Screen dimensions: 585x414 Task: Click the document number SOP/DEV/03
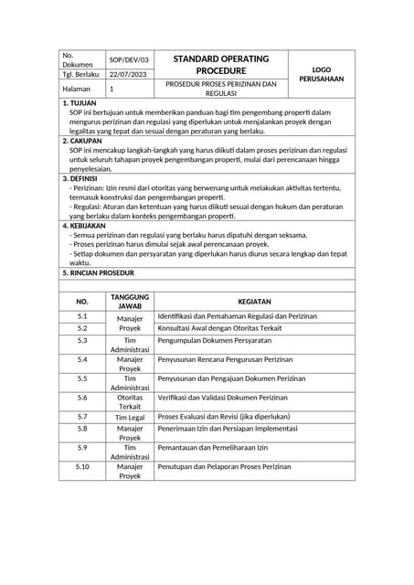pyautogui.click(x=127, y=59)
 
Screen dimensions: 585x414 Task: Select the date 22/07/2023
pyautogui.click(x=127, y=74)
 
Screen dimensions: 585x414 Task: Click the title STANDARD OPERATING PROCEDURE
pyautogui.click(x=220, y=64)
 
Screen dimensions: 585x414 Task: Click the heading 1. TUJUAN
pyautogui.click(x=79, y=103)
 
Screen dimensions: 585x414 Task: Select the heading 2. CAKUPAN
pyautogui.click(x=81, y=141)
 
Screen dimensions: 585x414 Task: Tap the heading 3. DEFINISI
pyautogui.click(x=80, y=179)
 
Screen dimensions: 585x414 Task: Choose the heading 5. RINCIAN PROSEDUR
pyautogui.click(x=98, y=272)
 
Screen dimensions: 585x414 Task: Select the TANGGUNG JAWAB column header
pyautogui.click(x=130, y=301)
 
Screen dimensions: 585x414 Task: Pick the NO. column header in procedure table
pyautogui.click(x=82, y=301)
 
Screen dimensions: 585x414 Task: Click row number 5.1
pyautogui.click(x=82, y=316)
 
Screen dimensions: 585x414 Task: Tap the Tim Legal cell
pyautogui.click(x=130, y=417)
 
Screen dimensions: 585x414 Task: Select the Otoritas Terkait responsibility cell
pyautogui.click(x=130, y=402)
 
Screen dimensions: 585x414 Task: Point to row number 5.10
pyautogui.click(x=82, y=466)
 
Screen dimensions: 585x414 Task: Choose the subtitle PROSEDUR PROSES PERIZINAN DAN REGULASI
pyautogui.click(x=220, y=89)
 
